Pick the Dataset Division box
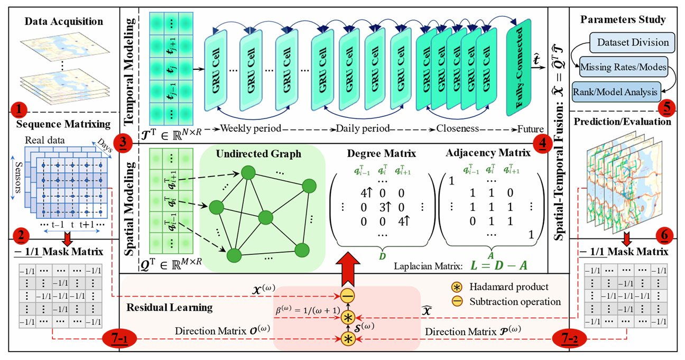pos(632,42)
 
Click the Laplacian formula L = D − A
pos(501,263)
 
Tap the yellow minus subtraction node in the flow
pos(347,296)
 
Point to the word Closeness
pos(458,128)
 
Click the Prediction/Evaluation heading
pos(626,122)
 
